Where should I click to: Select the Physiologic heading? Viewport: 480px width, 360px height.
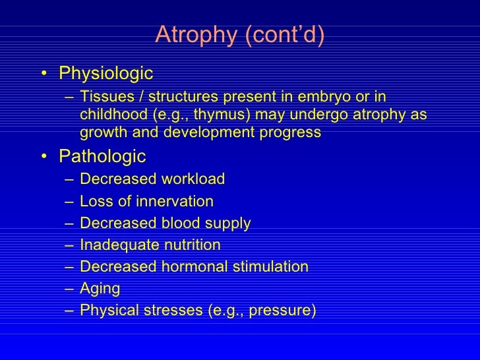[x=105, y=73]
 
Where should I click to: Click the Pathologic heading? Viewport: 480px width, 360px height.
[x=102, y=156]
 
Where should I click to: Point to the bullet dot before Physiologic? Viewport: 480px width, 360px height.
[x=44, y=73]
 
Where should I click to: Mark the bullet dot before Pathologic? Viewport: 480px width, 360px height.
[x=44, y=157]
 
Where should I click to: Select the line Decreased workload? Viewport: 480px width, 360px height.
[x=152, y=179]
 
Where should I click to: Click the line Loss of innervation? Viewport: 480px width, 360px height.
[x=146, y=201]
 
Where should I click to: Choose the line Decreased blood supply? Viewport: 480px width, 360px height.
[x=165, y=224]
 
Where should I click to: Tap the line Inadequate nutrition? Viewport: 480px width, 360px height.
[x=150, y=245]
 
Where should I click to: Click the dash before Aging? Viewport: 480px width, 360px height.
[x=69, y=288]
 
